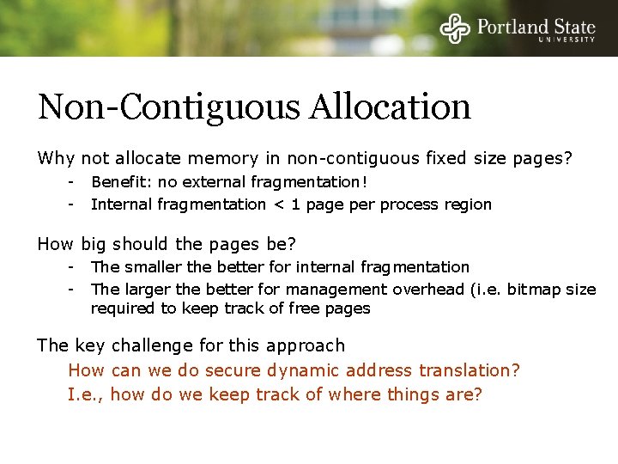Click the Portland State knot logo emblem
[x=456, y=27]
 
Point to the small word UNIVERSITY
[x=566, y=40]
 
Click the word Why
[x=56, y=158]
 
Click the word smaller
[x=153, y=267]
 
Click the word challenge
[x=152, y=345]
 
